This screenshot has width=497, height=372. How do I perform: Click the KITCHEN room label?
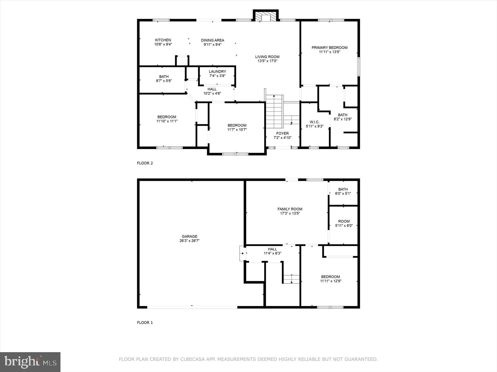(x=163, y=40)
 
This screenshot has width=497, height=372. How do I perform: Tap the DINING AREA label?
(x=212, y=40)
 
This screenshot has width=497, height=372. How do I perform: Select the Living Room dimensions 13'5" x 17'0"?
(x=267, y=61)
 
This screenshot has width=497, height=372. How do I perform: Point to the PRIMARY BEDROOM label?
(x=329, y=48)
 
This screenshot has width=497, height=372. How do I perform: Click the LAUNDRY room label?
(x=217, y=72)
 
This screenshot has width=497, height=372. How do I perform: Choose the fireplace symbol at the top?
(x=265, y=16)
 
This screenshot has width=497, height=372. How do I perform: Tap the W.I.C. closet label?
(x=314, y=122)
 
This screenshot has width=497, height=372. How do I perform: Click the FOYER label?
(x=282, y=133)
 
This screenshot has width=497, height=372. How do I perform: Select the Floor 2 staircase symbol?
(x=274, y=112)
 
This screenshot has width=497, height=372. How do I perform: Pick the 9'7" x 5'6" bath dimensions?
(x=164, y=81)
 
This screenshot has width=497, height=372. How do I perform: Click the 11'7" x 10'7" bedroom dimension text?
(x=237, y=130)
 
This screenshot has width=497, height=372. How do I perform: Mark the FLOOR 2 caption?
(x=145, y=163)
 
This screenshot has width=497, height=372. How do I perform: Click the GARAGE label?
(x=189, y=236)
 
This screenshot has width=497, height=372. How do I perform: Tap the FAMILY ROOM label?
(x=290, y=209)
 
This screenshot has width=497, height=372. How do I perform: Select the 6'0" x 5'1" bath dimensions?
(x=343, y=193)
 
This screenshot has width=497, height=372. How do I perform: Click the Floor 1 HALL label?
(x=272, y=249)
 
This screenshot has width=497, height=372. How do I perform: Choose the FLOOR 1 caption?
(x=145, y=323)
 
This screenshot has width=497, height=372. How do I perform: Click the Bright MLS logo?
(x=30, y=362)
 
